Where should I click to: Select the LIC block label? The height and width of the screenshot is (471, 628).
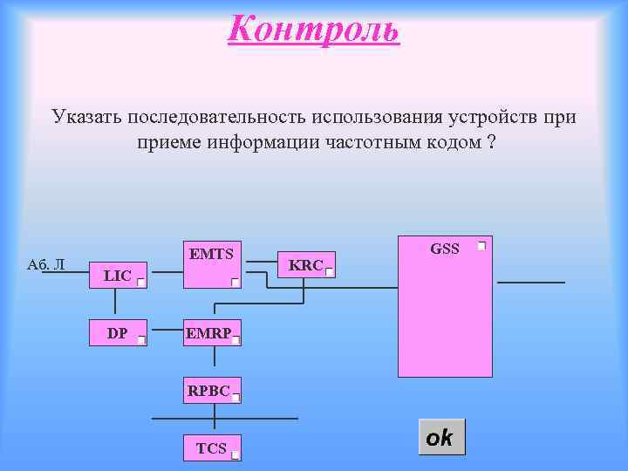(x=117, y=276)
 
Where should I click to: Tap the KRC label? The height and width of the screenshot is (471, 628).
(x=305, y=265)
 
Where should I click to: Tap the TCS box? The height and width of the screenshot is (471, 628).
(x=210, y=448)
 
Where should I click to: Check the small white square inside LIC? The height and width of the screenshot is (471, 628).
(x=140, y=283)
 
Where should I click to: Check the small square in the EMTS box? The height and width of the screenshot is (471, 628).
(x=235, y=283)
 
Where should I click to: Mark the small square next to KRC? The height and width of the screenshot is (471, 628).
(x=329, y=272)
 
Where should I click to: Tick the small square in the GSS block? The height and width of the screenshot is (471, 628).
(x=481, y=247)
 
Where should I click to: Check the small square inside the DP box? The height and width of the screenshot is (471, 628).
(x=141, y=340)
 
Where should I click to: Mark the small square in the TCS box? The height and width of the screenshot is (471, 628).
(x=235, y=454)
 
